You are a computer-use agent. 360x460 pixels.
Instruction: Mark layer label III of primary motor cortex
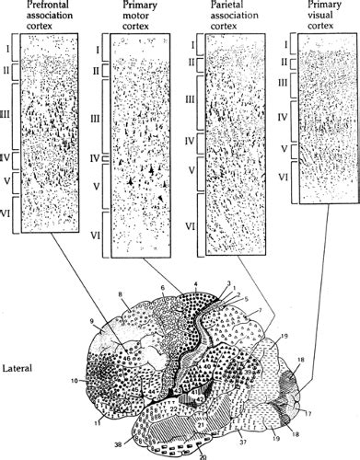[97, 120]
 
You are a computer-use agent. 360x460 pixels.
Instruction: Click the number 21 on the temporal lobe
[200, 423]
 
